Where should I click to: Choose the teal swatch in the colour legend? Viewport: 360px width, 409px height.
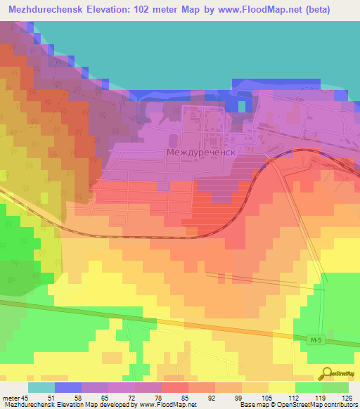pyautogui.click(x=41, y=387)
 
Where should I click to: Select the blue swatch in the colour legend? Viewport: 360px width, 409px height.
pyautogui.click(x=68, y=387)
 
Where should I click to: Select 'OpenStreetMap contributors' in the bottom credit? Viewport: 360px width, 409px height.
pyautogui.click(x=314, y=405)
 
